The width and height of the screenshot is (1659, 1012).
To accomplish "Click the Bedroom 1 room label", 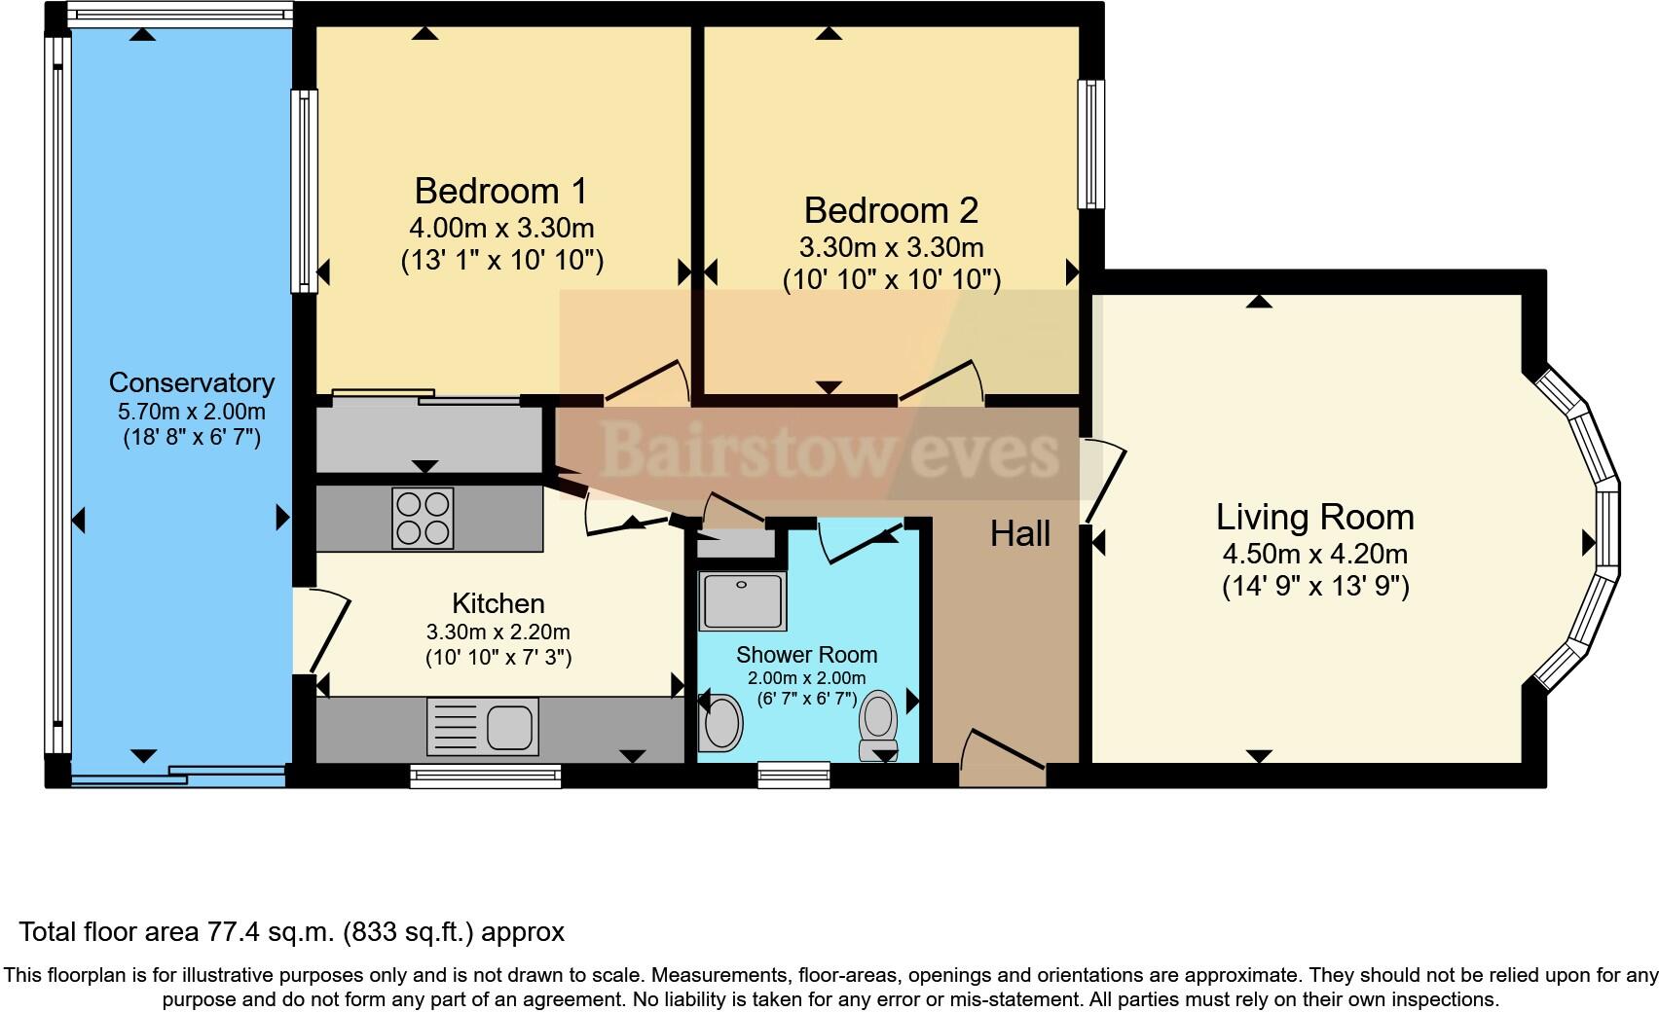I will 501,191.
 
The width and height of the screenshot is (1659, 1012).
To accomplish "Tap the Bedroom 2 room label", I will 891,210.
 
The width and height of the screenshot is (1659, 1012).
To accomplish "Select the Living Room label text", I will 1314,517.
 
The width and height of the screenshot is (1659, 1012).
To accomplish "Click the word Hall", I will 1019,533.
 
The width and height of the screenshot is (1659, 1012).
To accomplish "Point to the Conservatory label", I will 192,382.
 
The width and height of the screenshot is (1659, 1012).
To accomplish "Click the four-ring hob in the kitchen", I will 423,518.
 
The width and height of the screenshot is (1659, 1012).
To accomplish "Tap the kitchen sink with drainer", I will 483,727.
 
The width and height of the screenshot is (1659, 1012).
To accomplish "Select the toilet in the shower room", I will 878,723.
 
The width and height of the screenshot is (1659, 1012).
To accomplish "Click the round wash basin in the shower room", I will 721,722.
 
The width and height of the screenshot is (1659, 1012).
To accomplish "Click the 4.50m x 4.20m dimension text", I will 1314,555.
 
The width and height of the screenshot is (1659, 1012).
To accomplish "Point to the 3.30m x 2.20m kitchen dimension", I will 498,632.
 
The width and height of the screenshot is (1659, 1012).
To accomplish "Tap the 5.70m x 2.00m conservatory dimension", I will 192,412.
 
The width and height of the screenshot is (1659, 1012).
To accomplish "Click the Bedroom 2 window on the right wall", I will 1090,144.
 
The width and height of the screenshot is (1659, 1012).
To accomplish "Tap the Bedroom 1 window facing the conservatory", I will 304,191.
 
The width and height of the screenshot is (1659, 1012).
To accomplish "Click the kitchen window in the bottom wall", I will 485,775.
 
